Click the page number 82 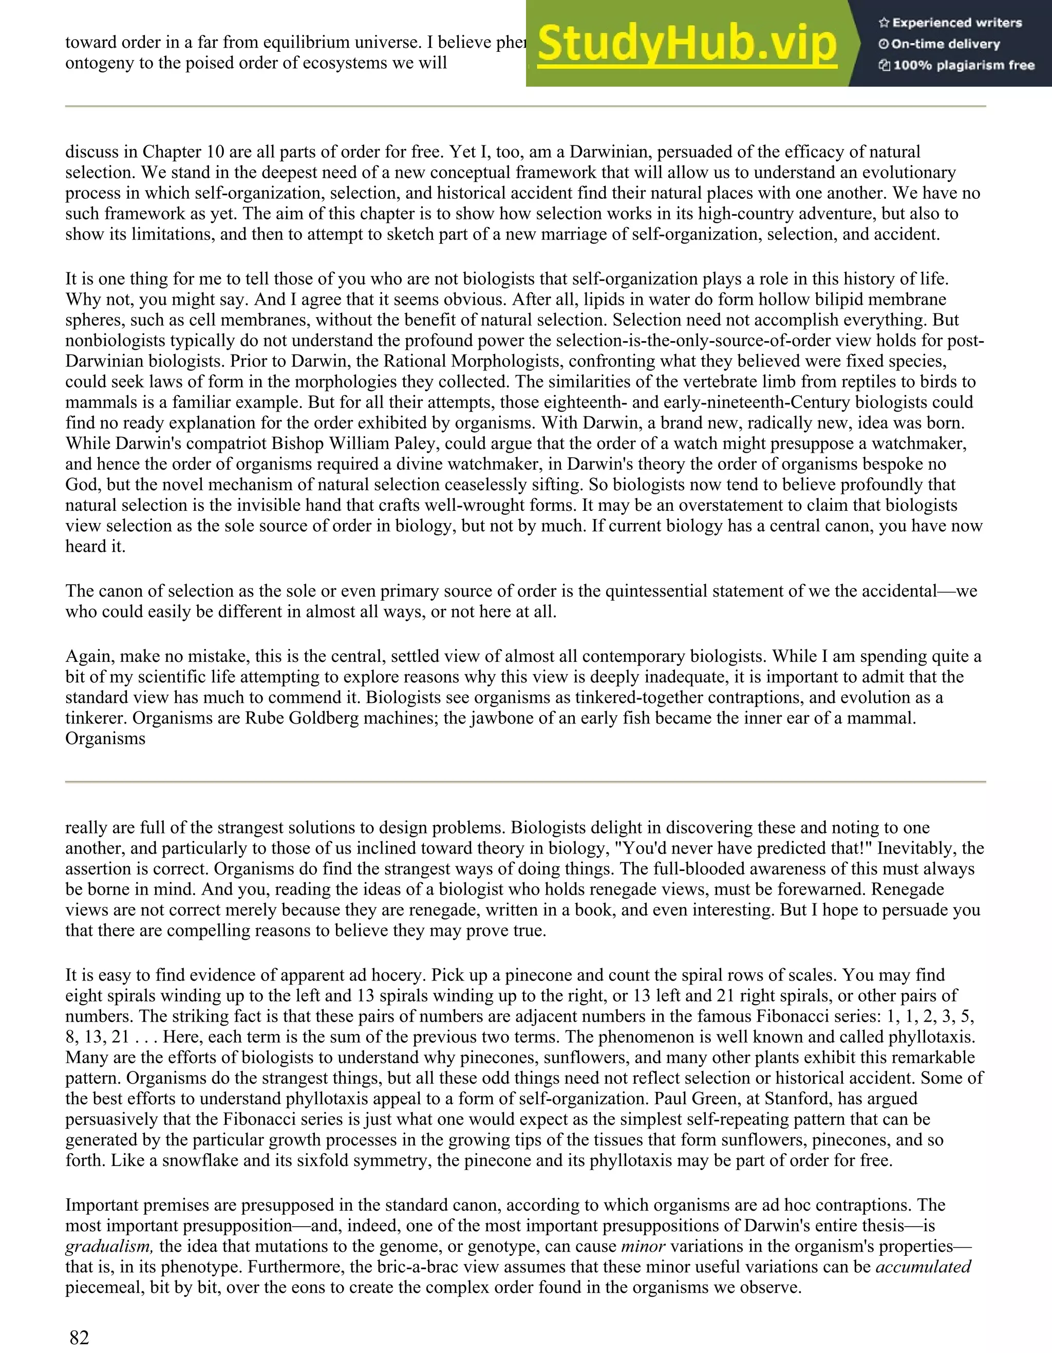tap(79, 1338)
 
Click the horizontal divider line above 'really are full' tap(525, 782)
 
